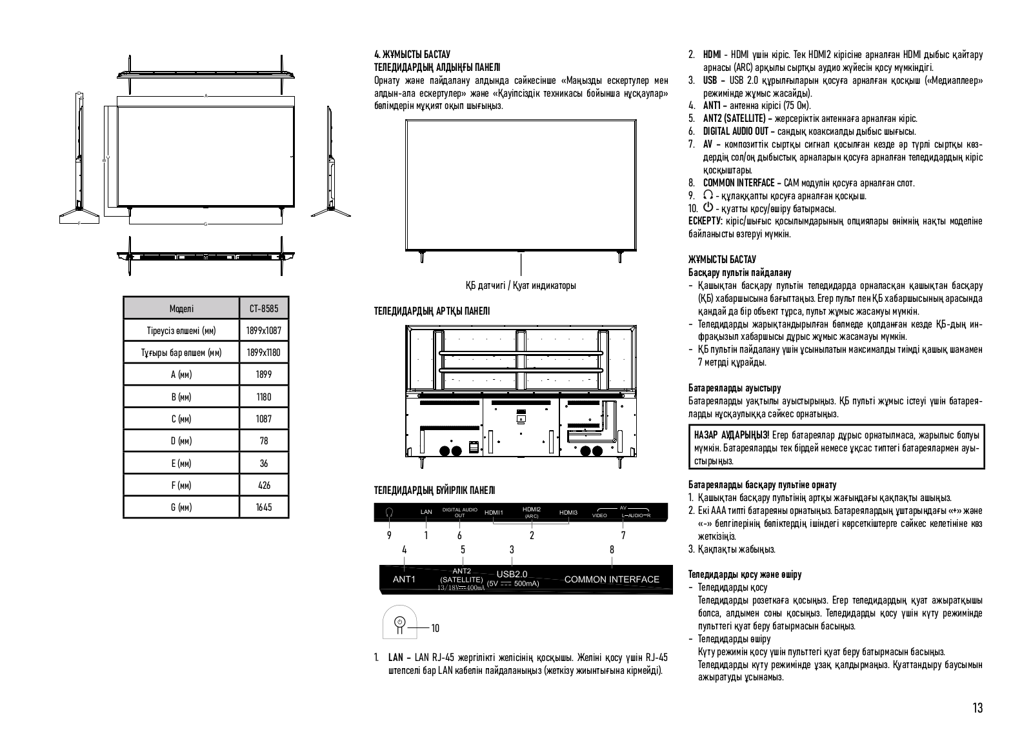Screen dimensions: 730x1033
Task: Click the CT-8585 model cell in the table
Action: point(263,309)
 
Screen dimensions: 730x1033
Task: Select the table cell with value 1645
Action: point(263,507)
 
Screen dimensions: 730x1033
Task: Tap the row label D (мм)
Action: point(181,441)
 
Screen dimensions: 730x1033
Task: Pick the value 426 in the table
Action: point(263,485)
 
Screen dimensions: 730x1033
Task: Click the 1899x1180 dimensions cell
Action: point(263,353)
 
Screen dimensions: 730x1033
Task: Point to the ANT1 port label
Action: point(404,579)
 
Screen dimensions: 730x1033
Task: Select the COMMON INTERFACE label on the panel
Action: point(612,579)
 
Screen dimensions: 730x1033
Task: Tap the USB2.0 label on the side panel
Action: point(512,574)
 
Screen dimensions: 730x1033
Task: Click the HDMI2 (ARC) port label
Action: point(532,513)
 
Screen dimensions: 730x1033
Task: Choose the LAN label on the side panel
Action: point(426,512)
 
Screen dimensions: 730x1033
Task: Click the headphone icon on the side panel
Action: point(389,512)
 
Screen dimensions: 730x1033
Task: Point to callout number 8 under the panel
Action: point(612,549)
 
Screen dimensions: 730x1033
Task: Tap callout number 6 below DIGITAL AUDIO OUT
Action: point(459,535)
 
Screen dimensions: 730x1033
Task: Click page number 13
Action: point(978,707)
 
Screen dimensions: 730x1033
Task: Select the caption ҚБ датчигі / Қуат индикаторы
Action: point(521,285)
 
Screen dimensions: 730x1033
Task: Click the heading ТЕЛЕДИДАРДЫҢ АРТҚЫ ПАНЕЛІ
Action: point(432,311)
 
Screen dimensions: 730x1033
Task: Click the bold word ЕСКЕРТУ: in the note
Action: point(707,221)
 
